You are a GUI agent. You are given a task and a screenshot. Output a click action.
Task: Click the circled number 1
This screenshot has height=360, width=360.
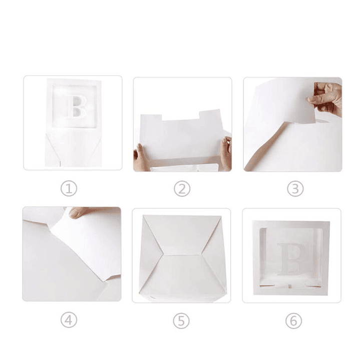[69, 188]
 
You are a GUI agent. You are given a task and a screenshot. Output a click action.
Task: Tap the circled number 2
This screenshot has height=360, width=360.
[182, 189]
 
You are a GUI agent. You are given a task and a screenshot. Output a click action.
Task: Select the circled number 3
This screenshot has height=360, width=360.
[295, 189]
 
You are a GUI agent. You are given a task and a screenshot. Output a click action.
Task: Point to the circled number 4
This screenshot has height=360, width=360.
[69, 320]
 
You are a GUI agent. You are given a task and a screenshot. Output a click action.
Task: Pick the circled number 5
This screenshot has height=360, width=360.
[182, 320]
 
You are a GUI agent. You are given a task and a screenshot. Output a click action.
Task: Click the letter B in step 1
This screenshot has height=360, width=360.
[77, 106]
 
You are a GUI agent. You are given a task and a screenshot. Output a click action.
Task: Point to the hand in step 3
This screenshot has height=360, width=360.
[326, 98]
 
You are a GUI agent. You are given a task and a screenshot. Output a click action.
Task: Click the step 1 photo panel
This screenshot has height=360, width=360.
[73, 123]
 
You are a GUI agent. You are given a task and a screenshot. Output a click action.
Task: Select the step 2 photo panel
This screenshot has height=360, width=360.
[182, 124]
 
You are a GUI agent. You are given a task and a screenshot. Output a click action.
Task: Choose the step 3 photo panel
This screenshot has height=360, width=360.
[292, 124]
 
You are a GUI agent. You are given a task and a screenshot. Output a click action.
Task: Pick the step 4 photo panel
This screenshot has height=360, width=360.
[72, 254]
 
